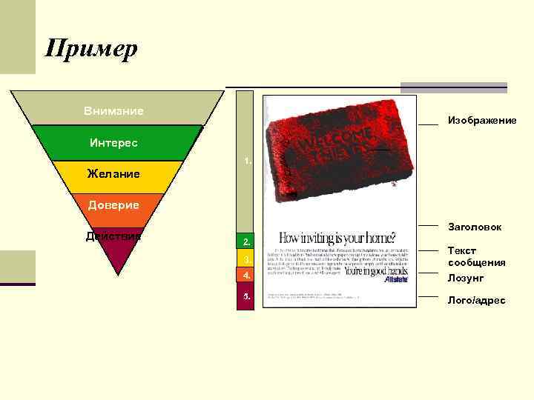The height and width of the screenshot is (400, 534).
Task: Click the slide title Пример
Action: click(91, 49)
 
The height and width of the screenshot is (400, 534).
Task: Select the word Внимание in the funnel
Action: click(113, 111)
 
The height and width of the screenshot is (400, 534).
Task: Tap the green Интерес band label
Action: click(113, 141)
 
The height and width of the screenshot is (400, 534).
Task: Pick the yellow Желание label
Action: click(113, 174)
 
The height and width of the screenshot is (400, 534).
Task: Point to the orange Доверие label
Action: click(113, 204)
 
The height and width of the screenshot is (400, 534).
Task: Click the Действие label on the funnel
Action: click(113, 236)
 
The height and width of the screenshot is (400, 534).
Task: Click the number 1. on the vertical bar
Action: click(248, 160)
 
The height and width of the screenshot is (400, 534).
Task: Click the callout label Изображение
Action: click(481, 120)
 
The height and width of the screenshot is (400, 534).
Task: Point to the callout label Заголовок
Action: click(475, 227)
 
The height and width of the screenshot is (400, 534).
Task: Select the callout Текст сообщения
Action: click(476, 256)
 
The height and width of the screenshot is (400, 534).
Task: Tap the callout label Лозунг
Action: click(466, 279)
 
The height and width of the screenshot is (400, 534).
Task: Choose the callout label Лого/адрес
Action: click(476, 300)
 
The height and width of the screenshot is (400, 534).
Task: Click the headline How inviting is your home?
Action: click(337, 239)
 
